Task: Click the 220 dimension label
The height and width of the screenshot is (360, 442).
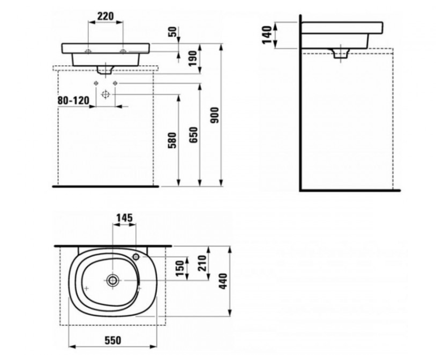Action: (x=106, y=16)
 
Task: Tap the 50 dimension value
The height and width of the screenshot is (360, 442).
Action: (x=173, y=32)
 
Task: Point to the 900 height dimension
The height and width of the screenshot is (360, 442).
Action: (x=215, y=115)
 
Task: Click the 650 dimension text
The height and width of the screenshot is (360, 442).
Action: (x=193, y=135)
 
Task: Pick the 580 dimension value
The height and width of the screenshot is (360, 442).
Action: (x=172, y=140)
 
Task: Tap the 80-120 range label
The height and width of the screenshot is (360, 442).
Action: (x=73, y=100)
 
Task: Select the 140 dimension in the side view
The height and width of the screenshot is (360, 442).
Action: (x=267, y=35)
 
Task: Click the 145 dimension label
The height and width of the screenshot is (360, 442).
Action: (x=125, y=218)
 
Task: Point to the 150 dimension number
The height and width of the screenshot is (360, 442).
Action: (x=180, y=268)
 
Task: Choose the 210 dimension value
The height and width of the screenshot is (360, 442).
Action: (x=202, y=263)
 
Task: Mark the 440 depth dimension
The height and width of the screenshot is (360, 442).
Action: (x=223, y=281)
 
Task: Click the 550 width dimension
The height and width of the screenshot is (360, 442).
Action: (x=113, y=341)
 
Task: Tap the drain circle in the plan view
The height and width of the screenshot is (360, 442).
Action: (x=113, y=280)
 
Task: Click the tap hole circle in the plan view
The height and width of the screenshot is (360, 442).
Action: (x=136, y=257)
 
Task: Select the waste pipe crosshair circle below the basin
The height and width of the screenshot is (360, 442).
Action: (x=106, y=94)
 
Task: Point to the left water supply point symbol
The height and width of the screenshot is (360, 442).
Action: (x=96, y=83)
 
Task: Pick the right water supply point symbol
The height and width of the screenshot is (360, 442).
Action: (x=115, y=83)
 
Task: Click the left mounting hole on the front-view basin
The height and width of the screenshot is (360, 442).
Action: (x=89, y=51)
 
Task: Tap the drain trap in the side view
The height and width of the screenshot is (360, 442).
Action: (x=341, y=53)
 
